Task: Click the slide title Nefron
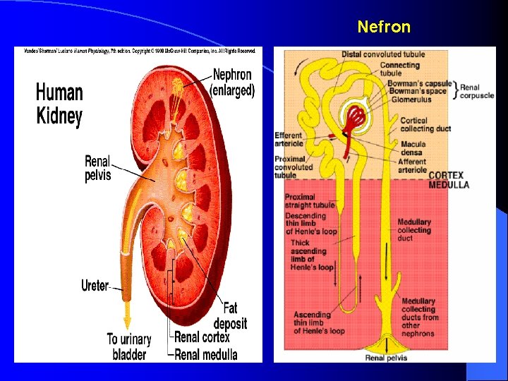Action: (x=383, y=27)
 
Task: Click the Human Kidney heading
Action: (x=59, y=104)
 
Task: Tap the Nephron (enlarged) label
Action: (x=233, y=82)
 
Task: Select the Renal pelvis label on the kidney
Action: (x=97, y=168)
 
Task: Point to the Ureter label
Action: (x=95, y=286)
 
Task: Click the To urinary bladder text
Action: (x=129, y=346)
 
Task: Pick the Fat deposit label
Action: (x=235, y=316)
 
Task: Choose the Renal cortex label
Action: (x=206, y=337)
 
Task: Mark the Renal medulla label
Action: (x=206, y=354)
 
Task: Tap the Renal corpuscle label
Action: (x=477, y=92)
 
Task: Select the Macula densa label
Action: (x=413, y=148)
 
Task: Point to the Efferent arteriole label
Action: (x=289, y=140)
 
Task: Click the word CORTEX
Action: (x=448, y=175)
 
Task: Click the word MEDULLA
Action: (x=448, y=185)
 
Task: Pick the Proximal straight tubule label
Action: (x=309, y=201)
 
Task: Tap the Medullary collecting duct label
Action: (x=413, y=230)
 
